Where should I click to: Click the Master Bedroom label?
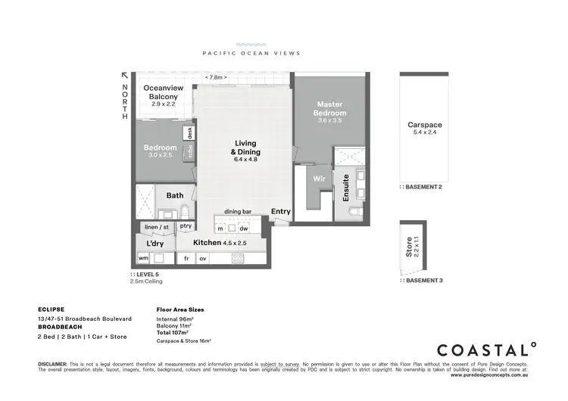[330, 108]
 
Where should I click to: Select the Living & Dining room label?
[245, 148]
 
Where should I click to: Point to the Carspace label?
[425, 125]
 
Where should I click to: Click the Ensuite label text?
[346, 186]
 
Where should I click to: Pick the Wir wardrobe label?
[320, 179]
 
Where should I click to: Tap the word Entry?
[280, 212]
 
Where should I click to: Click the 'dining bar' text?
[237, 212]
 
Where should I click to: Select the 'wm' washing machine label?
[143, 258]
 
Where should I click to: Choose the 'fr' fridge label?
[186, 258]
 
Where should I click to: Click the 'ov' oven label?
[203, 258]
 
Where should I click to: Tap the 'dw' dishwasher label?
[243, 228]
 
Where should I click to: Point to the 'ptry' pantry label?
[186, 225]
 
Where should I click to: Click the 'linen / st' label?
[157, 225]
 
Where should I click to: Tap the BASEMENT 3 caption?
[424, 280]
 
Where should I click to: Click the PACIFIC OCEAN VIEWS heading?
[251, 53]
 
